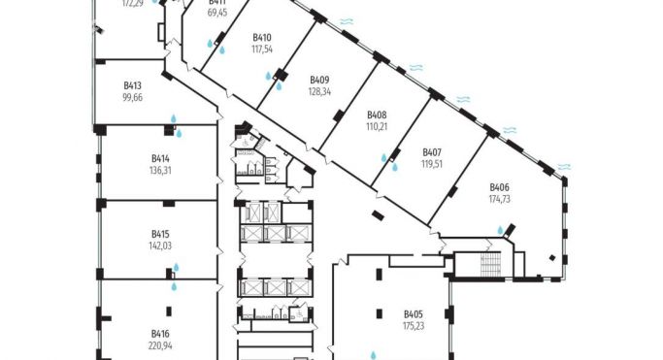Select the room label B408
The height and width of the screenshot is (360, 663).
tap(377, 115)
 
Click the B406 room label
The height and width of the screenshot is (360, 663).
tap(500, 186)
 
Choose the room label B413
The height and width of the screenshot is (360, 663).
tap(133, 85)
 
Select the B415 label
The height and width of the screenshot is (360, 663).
tap(160, 234)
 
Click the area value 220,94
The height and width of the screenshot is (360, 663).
tap(160, 344)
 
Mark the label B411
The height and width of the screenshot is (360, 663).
tap(218, 3)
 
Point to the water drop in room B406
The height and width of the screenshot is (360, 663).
tap(501, 230)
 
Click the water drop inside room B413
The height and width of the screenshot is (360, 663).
tap(175, 119)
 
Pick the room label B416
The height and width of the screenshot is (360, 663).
tap(160, 333)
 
